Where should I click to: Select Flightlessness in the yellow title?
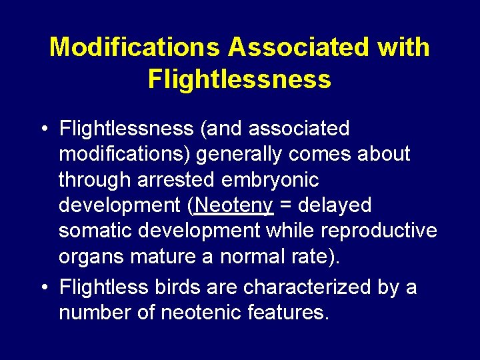coord(239,79)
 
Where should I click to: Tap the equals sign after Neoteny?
coord(285,205)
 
